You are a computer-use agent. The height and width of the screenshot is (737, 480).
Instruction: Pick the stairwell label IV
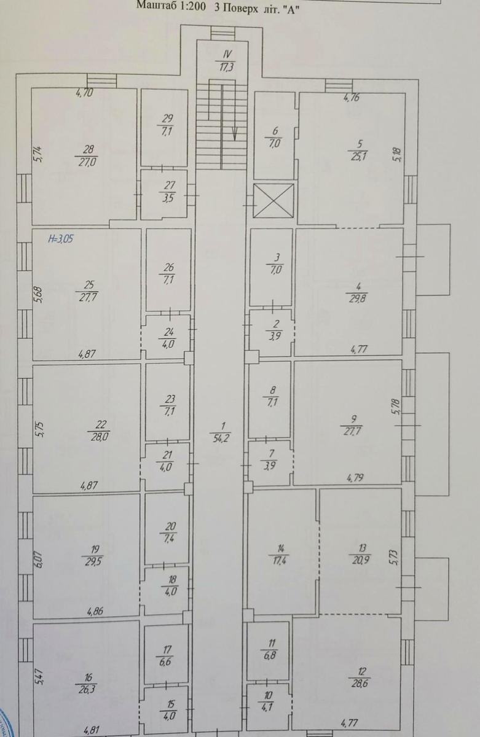(x=227, y=55)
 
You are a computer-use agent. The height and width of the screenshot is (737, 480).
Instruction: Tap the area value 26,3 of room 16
(x=90, y=688)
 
